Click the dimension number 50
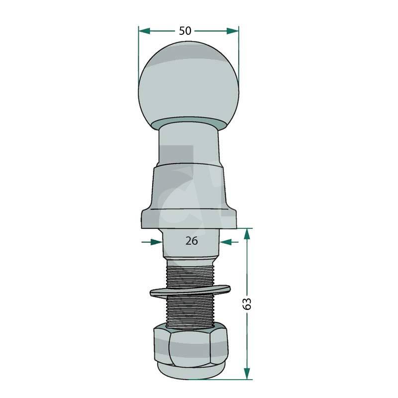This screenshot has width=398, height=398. point(185,31)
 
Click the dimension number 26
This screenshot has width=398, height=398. point(192,241)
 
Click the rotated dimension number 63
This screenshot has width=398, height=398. point(247,304)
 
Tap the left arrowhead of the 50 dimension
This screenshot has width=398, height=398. point(144,31)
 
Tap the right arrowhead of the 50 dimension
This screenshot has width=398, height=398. point(232,31)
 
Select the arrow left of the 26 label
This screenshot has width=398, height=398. point(152,242)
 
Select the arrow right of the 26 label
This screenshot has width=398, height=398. point(229,242)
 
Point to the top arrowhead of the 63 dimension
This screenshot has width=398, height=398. point(247,234)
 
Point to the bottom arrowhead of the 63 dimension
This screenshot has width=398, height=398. point(247,374)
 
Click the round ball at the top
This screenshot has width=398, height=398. point(189,86)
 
